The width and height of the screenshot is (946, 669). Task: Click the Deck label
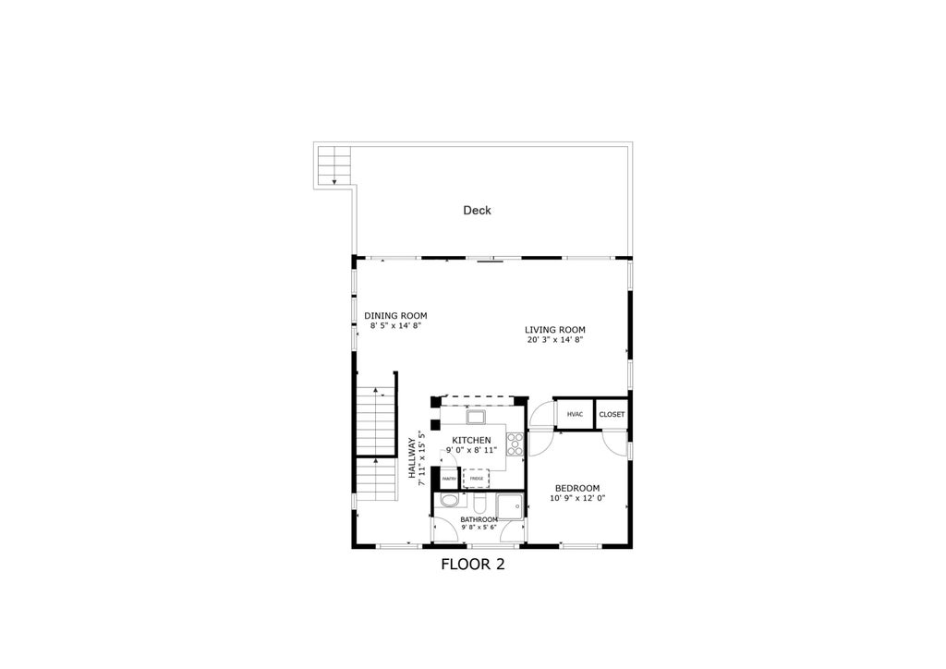click(x=477, y=211)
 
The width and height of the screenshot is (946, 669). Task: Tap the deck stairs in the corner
click(x=334, y=166)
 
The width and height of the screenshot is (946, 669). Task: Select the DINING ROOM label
click(x=395, y=315)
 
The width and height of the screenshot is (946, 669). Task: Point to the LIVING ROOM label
click(x=554, y=330)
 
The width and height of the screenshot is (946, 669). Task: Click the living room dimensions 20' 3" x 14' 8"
click(x=554, y=340)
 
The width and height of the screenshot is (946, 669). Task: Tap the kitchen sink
click(x=476, y=417)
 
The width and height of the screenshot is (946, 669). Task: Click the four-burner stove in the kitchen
click(x=515, y=444)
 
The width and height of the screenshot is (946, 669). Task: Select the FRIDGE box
click(x=476, y=479)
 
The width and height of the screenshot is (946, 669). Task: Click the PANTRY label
click(x=448, y=479)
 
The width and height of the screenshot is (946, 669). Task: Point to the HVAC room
click(x=574, y=415)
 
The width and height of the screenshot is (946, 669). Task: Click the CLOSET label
click(x=612, y=415)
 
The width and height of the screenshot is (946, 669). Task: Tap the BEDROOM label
click(x=577, y=488)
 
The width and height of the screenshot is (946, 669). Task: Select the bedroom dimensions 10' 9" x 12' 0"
click(x=577, y=499)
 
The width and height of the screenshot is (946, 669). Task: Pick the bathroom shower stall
click(x=509, y=506)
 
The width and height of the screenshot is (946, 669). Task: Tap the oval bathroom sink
click(x=449, y=502)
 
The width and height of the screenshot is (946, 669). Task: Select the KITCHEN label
click(x=471, y=440)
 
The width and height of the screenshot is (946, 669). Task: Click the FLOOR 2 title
click(x=472, y=564)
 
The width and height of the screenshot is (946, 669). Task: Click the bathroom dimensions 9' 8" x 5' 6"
click(x=479, y=529)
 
